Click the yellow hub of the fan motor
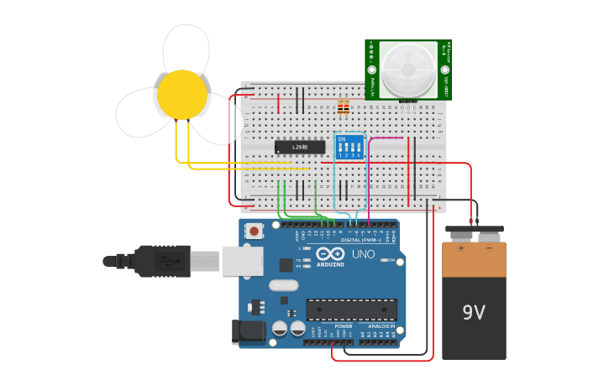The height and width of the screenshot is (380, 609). coord(182,94)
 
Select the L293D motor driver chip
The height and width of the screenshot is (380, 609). coord(300,147)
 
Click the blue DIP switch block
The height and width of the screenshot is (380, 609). coord(349,147)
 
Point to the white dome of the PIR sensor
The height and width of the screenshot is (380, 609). coord(407,69)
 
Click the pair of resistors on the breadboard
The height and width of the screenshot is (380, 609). coord(343,107)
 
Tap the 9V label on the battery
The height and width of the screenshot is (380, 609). coord(474,313)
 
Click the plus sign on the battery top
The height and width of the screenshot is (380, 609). coord(460,248)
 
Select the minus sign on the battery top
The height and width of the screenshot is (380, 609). coord(489,248)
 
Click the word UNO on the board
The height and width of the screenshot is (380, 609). coord(363,254)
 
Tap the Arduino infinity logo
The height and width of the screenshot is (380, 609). coord(330,253)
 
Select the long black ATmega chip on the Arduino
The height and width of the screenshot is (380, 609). coord(351,309)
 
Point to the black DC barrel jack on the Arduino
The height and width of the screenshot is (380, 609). coord(249,331)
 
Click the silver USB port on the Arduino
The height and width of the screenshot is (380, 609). coord(242,261)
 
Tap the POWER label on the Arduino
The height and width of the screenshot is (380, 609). coord(343,325)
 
